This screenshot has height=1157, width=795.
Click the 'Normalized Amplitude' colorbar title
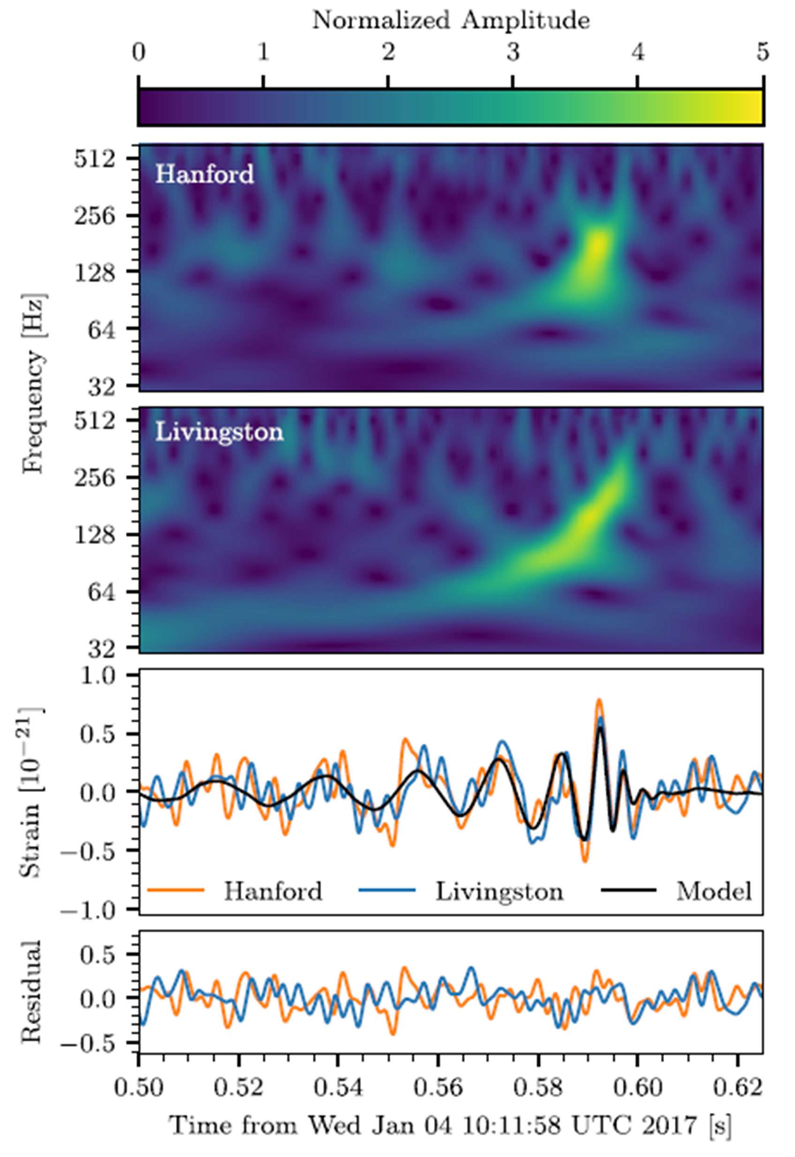[x=451, y=21]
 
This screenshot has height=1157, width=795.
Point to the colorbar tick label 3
[x=513, y=53]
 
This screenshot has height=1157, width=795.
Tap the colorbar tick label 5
[x=763, y=53]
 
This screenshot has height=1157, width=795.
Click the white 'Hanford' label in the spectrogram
[x=204, y=175]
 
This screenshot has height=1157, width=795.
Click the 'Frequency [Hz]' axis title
[x=34, y=384]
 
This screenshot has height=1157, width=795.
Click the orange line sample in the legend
[x=176, y=890]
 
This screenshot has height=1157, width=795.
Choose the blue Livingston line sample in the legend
[x=386, y=890]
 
